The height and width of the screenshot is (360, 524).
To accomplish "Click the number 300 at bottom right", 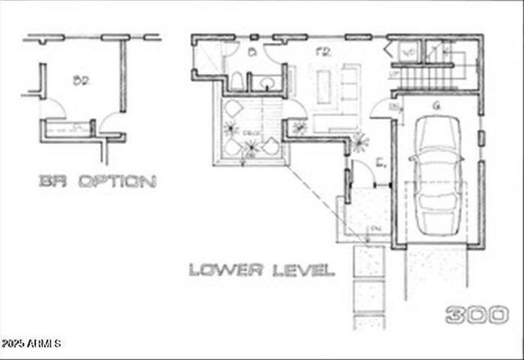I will tap(477, 314).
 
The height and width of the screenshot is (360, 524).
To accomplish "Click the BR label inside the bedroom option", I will tap(80, 80).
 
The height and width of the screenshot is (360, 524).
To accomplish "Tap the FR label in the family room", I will tap(323, 52).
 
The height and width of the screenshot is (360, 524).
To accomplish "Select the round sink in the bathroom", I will tap(265, 82).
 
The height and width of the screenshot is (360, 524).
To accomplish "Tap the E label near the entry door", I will tap(380, 164).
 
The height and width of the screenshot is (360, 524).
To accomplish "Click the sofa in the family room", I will tap(350, 82).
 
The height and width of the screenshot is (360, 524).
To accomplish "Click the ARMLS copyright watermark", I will tap(31, 342).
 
